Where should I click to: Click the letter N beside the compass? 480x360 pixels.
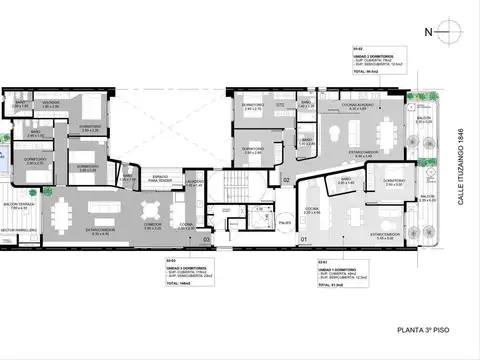(429, 32)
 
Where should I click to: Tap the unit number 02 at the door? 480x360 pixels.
(286, 180)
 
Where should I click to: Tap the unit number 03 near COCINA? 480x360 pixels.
(206, 240)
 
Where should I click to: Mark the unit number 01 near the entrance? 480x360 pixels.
(304, 240)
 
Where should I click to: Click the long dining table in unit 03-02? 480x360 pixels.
(386, 130)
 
